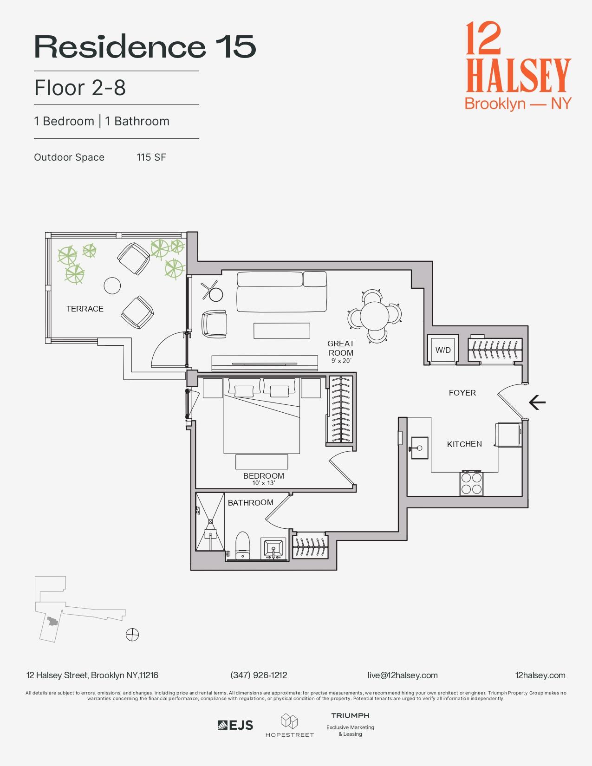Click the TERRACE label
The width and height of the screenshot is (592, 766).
tap(85, 309)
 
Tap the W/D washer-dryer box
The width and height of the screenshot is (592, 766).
tap(443, 350)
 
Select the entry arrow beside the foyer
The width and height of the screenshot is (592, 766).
tap(537, 402)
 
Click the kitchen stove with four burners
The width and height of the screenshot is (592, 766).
tap(471, 483)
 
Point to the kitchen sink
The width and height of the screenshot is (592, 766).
tap(420, 448)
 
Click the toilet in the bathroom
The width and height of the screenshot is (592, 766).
tap(242, 546)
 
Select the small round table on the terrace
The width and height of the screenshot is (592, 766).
tap(112, 286)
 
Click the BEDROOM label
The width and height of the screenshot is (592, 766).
tap(263, 476)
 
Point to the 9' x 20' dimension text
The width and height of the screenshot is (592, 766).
tap(341, 361)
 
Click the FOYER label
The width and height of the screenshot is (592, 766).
tap(462, 393)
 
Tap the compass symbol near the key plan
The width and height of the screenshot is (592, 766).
tap(132, 634)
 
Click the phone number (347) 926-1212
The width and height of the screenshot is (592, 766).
tap(259, 675)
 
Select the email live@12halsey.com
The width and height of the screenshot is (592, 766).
tap(402, 675)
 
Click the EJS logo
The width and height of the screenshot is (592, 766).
tap(235, 725)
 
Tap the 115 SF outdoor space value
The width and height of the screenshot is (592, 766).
tap(151, 157)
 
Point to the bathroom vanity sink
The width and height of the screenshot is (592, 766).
tap(273, 549)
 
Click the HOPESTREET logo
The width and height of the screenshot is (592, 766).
tap(289, 726)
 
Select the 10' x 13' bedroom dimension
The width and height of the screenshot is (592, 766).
tap(263, 483)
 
